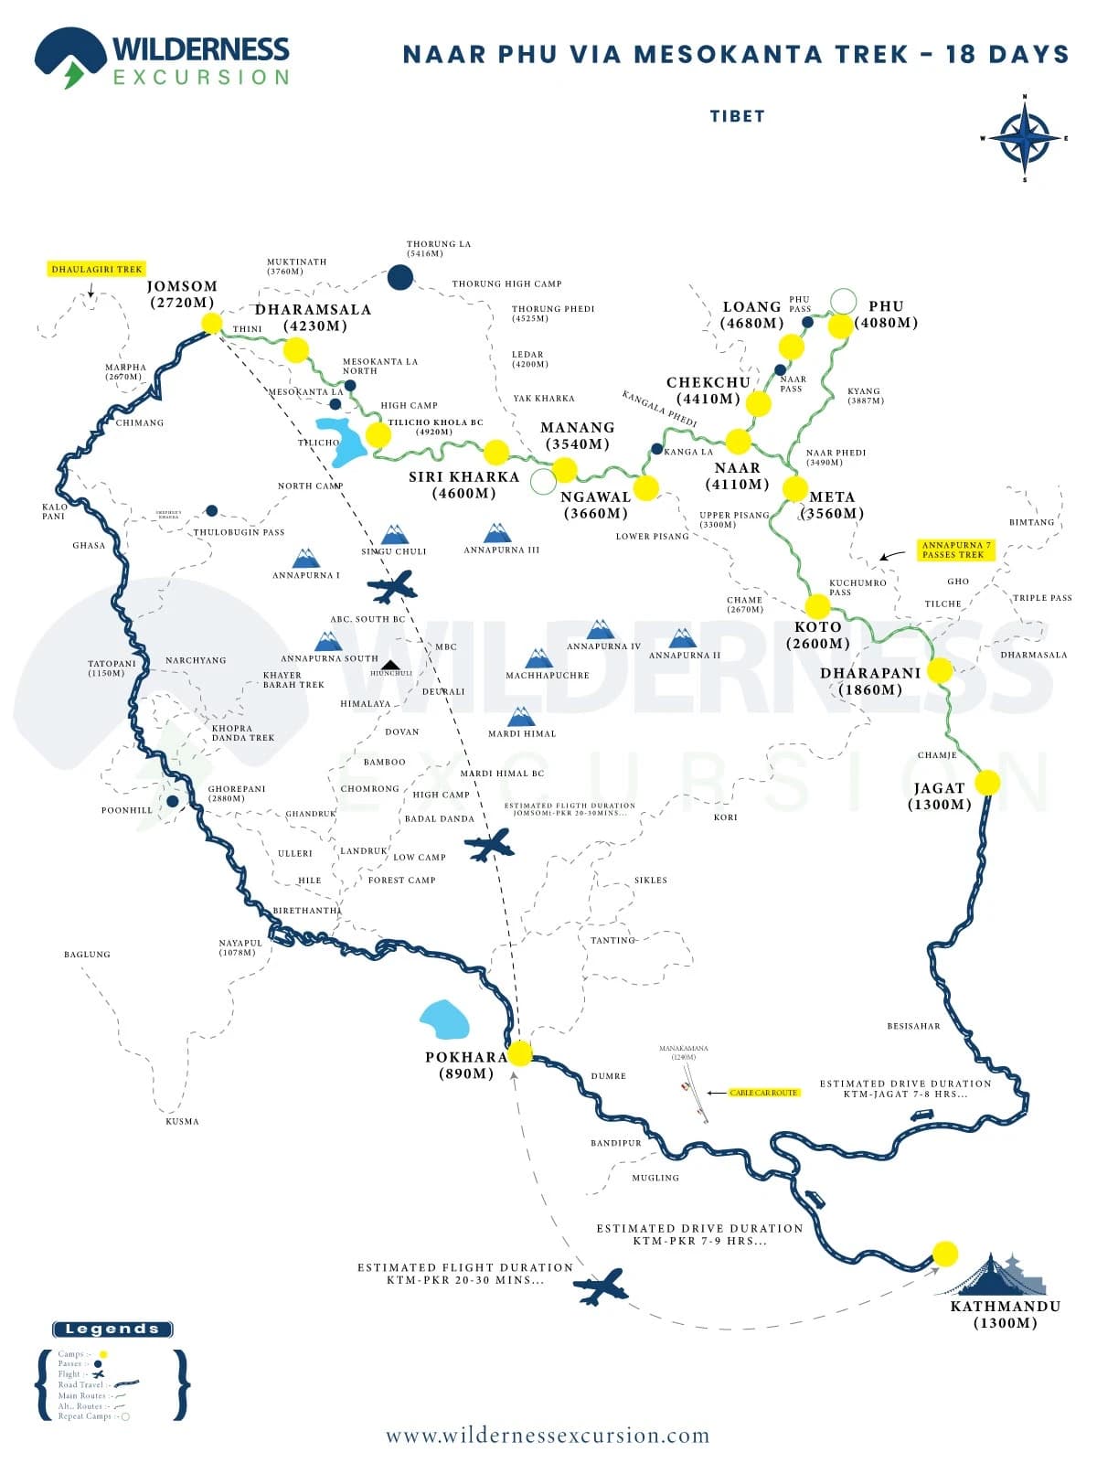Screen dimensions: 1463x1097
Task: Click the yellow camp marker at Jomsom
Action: coord(211,323)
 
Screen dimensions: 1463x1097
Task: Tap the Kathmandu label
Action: coord(1005,1306)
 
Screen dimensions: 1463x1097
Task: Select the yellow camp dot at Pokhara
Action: coord(519,1053)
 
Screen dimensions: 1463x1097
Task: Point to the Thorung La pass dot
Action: coord(399,277)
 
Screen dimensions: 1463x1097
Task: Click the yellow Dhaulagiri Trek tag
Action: coord(97,270)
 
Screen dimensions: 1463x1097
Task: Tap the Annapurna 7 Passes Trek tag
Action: coord(956,550)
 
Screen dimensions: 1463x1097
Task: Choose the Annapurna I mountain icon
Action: coord(305,559)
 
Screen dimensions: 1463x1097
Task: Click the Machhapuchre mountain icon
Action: coord(538,658)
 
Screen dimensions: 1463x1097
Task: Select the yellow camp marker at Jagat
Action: coord(987,783)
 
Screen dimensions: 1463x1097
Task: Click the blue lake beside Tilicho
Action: coord(338,439)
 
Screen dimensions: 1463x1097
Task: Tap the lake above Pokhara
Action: coord(444,1020)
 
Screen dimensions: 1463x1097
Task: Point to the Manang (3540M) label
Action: coord(577,435)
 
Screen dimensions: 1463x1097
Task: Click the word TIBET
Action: coord(737,116)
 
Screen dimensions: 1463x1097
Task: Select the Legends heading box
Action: coord(112,1329)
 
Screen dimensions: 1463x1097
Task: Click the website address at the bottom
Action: coord(547,1436)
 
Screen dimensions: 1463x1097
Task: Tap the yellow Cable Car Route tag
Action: coord(764,1093)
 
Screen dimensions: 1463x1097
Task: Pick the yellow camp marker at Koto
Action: coord(817,605)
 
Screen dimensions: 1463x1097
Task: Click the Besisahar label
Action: coord(913,1026)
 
